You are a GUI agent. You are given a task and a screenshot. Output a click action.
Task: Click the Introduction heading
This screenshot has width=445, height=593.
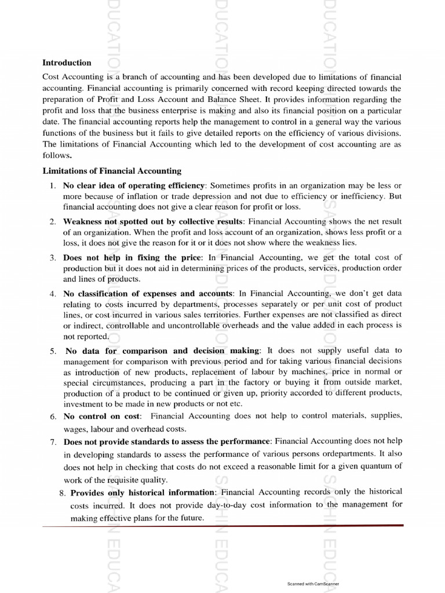coord(67,63)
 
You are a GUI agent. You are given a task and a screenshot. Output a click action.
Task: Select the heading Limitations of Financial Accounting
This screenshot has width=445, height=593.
coord(112,171)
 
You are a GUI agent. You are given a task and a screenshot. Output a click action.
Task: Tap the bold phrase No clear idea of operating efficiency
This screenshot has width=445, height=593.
coord(134,185)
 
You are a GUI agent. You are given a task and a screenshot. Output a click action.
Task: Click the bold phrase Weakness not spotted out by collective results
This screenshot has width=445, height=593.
coord(153,221)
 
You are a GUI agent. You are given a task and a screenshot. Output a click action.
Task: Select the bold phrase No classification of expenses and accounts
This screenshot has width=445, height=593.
coord(148,294)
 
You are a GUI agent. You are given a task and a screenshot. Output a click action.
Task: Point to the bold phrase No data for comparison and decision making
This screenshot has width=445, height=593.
coord(163,350)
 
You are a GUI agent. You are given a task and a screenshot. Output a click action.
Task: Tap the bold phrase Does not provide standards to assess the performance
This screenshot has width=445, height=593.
coord(166,442)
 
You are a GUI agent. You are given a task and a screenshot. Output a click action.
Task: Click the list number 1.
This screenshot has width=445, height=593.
coord(52,186)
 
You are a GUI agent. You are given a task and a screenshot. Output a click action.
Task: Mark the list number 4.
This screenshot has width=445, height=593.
coord(52,294)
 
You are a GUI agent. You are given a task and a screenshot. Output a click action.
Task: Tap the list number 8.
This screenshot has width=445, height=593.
coord(62,493)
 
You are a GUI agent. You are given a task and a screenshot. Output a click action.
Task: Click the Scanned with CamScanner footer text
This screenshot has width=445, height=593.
coord(313,584)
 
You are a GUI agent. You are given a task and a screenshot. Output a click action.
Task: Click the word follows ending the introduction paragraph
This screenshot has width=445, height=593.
coord(56,156)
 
